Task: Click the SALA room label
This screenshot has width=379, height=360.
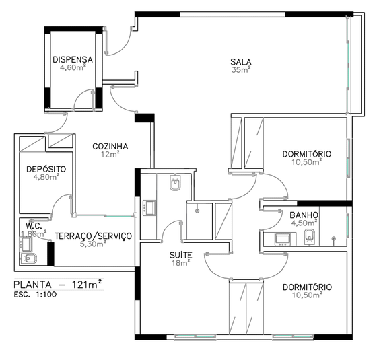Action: click(241, 62)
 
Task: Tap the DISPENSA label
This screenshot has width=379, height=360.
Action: click(73, 59)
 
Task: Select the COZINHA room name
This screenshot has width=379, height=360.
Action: click(110, 147)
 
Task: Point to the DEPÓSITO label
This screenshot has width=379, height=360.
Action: click(46, 169)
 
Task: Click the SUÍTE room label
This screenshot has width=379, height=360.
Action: click(181, 255)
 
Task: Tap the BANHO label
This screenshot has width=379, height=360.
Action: click(304, 215)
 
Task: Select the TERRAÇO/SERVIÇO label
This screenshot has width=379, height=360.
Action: click(94, 236)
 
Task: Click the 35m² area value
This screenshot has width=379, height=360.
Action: click(241, 70)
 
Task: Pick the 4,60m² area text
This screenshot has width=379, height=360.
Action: click(73, 67)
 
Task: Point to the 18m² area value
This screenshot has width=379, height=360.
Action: click(181, 263)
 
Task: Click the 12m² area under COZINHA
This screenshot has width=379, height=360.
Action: click(110, 154)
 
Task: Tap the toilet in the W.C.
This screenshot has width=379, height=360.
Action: click(28, 258)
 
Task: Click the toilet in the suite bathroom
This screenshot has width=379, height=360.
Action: click(176, 183)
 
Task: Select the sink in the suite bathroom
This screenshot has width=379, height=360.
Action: click(149, 208)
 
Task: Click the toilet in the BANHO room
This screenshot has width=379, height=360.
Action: click(310, 237)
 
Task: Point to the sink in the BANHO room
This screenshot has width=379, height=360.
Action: click(282, 239)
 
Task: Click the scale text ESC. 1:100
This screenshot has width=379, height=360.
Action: click(35, 295)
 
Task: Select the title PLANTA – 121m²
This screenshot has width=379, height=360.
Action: click(57, 285)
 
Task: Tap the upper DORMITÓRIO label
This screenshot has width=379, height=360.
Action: click(307, 154)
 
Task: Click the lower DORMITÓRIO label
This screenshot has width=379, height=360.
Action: click(307, 287)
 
